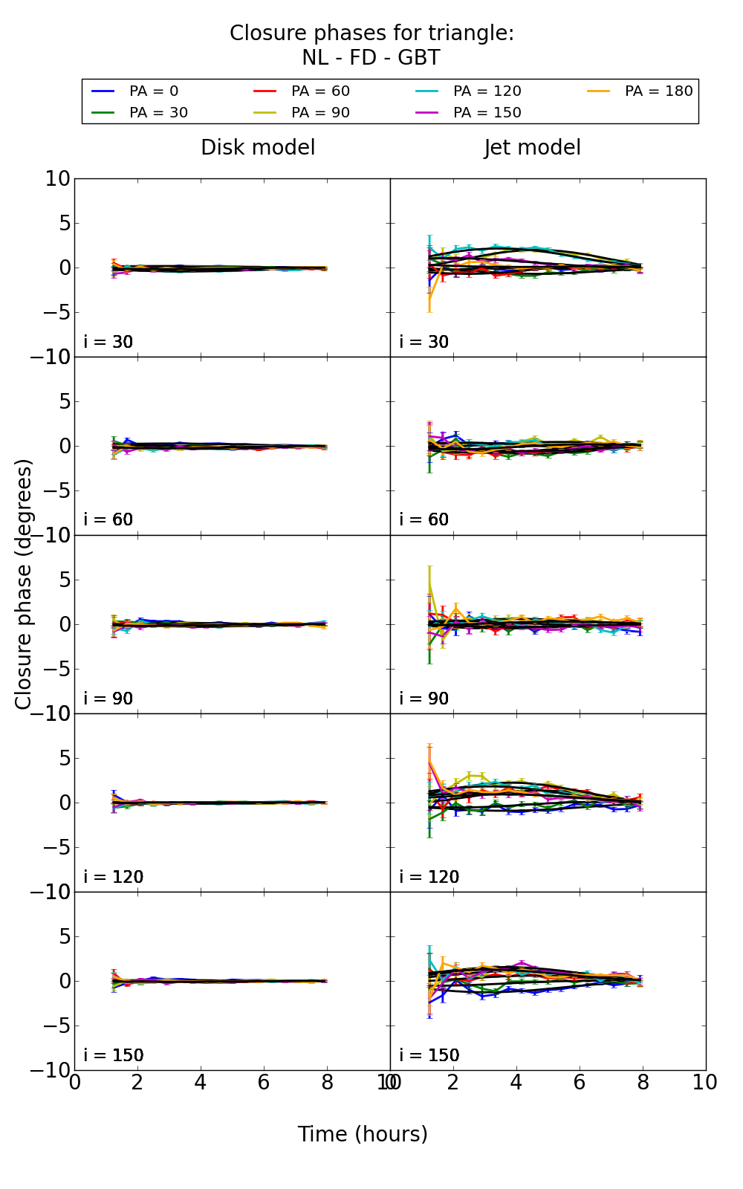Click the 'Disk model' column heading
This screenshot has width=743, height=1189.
258,148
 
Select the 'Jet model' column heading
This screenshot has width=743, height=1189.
532,148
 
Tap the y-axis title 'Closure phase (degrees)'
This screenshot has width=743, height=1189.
24,584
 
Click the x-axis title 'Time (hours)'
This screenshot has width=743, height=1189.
363,1134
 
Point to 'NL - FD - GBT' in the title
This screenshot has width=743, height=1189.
371,58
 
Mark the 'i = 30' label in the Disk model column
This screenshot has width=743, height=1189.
108,342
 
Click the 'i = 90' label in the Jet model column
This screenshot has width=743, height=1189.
424,699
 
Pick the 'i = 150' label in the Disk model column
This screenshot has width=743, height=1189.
113,1055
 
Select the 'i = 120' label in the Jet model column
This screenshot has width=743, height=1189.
429,877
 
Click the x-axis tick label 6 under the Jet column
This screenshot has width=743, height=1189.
580,1082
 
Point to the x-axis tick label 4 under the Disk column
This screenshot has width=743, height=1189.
201,1082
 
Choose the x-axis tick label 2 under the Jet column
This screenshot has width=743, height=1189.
453,1082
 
